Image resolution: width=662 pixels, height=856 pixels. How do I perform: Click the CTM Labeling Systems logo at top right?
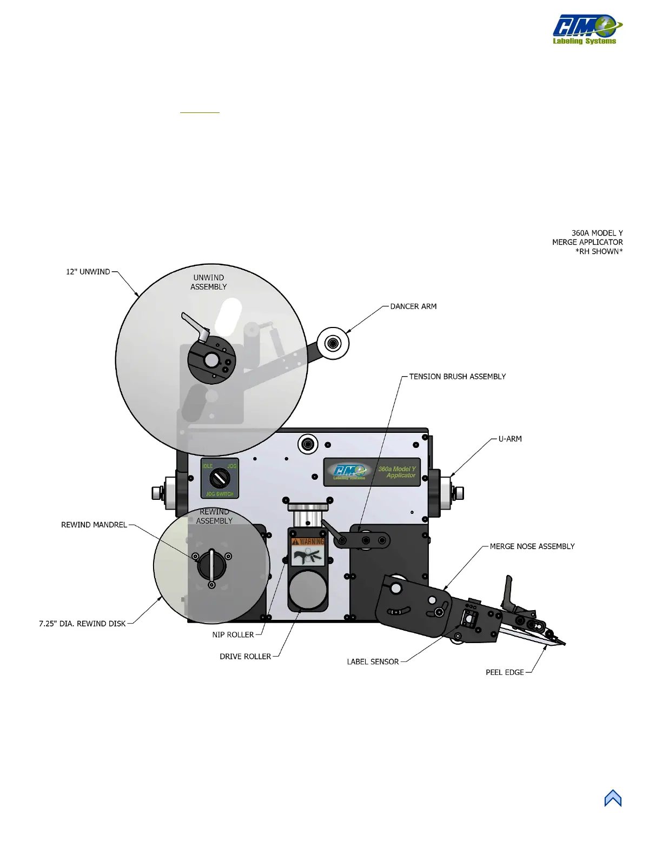(x=586, y=29)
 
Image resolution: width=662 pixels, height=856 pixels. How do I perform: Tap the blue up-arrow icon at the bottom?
(x=613, y=798)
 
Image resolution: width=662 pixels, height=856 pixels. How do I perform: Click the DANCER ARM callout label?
(x=413, y=306)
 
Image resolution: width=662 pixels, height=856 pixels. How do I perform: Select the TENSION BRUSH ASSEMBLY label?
(x=457, y=377)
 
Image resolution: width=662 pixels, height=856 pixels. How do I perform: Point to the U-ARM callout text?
(x=510, y=439)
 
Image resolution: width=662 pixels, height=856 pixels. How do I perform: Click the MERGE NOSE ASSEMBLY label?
(x=532, y=546)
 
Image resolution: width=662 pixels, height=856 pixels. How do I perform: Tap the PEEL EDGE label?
(x=505, y=672)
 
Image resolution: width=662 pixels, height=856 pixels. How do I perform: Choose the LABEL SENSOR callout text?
(x=373, y=661)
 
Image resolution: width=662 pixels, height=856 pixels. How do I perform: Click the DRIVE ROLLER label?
(x=245, y=657)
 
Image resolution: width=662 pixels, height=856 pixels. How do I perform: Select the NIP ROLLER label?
(x=233, y=635)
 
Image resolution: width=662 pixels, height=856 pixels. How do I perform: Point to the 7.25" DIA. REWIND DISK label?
(x=82, y=624)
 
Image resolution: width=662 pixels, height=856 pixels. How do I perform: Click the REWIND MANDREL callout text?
(x=94, y=525)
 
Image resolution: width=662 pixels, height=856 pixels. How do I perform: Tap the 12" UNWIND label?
(x=88, y=272)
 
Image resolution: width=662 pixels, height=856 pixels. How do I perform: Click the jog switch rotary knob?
(x=220, y=478)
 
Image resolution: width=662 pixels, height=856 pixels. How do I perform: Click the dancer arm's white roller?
(x=333, y=343)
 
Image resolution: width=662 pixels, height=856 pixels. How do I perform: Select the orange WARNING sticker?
(x=308, y=541)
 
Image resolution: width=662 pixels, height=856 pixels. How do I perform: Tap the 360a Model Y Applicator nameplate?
(x=372, y=472)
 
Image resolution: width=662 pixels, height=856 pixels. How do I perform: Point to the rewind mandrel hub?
(x=211, y=565)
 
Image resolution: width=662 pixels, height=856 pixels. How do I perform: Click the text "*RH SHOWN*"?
(x=599, y=251)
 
